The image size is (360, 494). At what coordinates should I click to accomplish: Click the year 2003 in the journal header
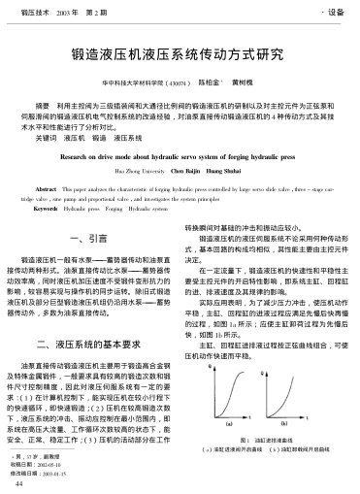67,13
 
